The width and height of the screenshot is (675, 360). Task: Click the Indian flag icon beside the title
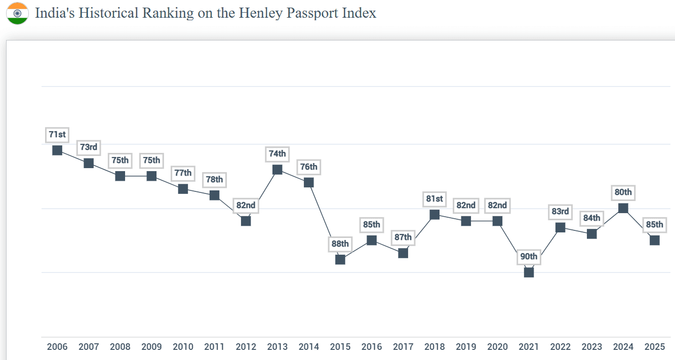point(17,13)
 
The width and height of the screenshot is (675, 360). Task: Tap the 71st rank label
point(57,135)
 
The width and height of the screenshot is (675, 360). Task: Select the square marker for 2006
point(57,150)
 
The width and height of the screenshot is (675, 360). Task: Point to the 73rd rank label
point(89,147)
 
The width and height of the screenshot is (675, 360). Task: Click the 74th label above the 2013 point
point(277,154)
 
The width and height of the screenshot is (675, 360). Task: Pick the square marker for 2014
point(309,182)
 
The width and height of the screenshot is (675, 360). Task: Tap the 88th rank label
point(340,244)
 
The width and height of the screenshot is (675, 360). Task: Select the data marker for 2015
point(340,259)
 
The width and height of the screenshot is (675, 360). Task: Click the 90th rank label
point(529,257)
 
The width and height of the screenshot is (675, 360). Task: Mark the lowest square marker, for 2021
point(529,272)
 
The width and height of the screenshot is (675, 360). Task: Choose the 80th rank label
point(623,192)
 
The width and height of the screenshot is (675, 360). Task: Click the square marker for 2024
point(623,208)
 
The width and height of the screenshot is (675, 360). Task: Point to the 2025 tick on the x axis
point(655,347)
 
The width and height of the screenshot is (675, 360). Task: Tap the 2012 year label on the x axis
point(246,347)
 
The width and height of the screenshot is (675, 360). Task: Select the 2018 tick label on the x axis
point(434,347)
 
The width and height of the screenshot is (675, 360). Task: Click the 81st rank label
point(434,199)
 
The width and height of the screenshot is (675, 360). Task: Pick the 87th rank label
point(403,237)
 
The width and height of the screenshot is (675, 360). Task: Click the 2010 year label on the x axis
point(183,347)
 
